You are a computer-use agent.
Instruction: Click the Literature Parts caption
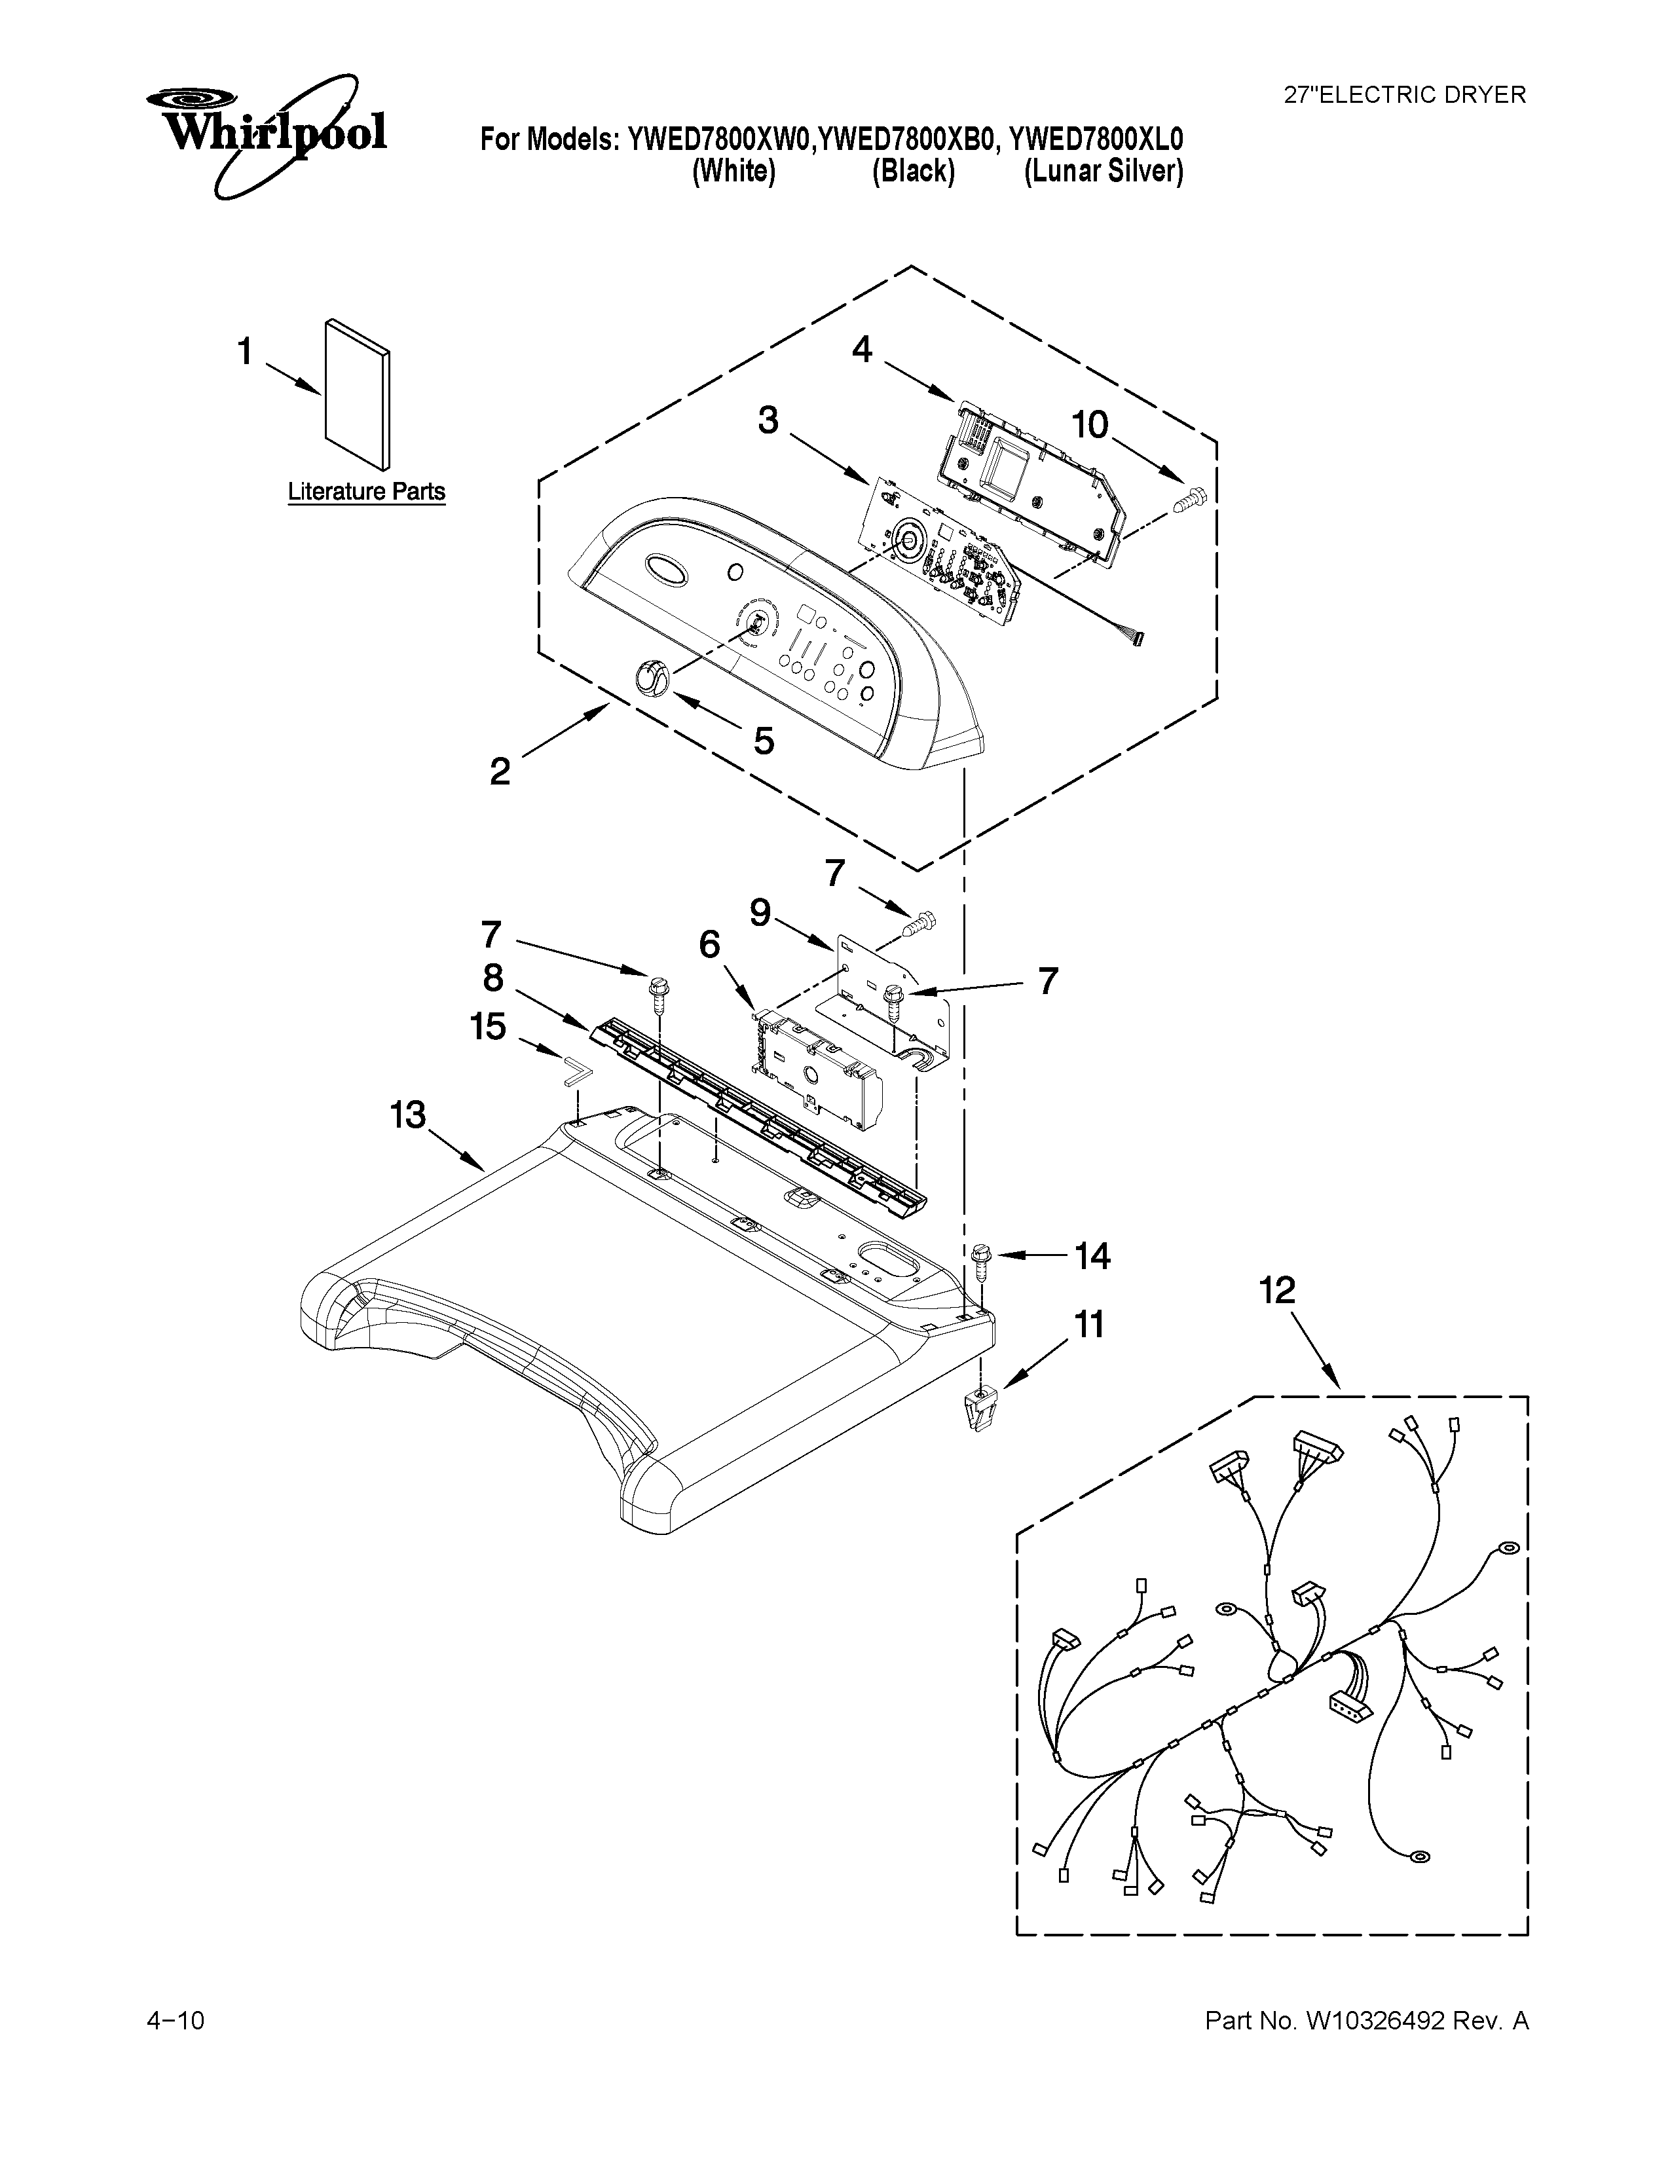coord(366,492)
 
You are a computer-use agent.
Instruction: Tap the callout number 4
coord(862,349)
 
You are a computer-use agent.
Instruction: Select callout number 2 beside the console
coord(500,771)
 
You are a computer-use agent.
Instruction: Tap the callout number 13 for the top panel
coord(407,1115)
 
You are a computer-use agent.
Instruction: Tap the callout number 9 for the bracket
coord(760,912)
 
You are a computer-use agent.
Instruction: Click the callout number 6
coord(709,945)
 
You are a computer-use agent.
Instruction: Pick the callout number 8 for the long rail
coord(492,978)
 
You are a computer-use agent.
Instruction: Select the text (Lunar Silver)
coord(1103,172)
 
